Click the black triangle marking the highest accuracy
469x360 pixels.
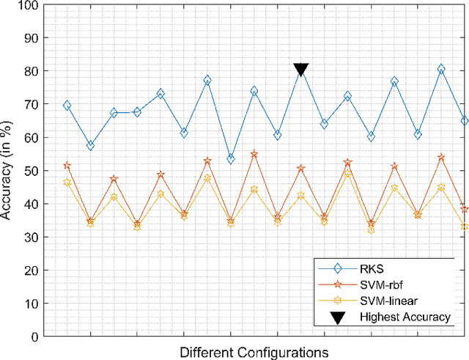[x=300, y=70]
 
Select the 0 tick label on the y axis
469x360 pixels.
[x=35, y=337]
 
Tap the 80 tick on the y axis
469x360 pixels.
[x=32, y=71]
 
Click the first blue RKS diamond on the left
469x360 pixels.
[x=67, y=106]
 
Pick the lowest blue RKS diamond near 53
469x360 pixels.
[x=231, y=159]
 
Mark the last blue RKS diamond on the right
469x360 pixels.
[x=465, y=121]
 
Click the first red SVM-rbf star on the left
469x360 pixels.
[x=67, y=166]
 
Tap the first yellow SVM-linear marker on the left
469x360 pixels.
[x=67, y=183]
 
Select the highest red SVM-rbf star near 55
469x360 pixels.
[x=254, y=154]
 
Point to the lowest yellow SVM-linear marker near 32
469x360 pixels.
[x=371, y=229]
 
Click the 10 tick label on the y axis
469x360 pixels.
[x=32, y=303]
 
